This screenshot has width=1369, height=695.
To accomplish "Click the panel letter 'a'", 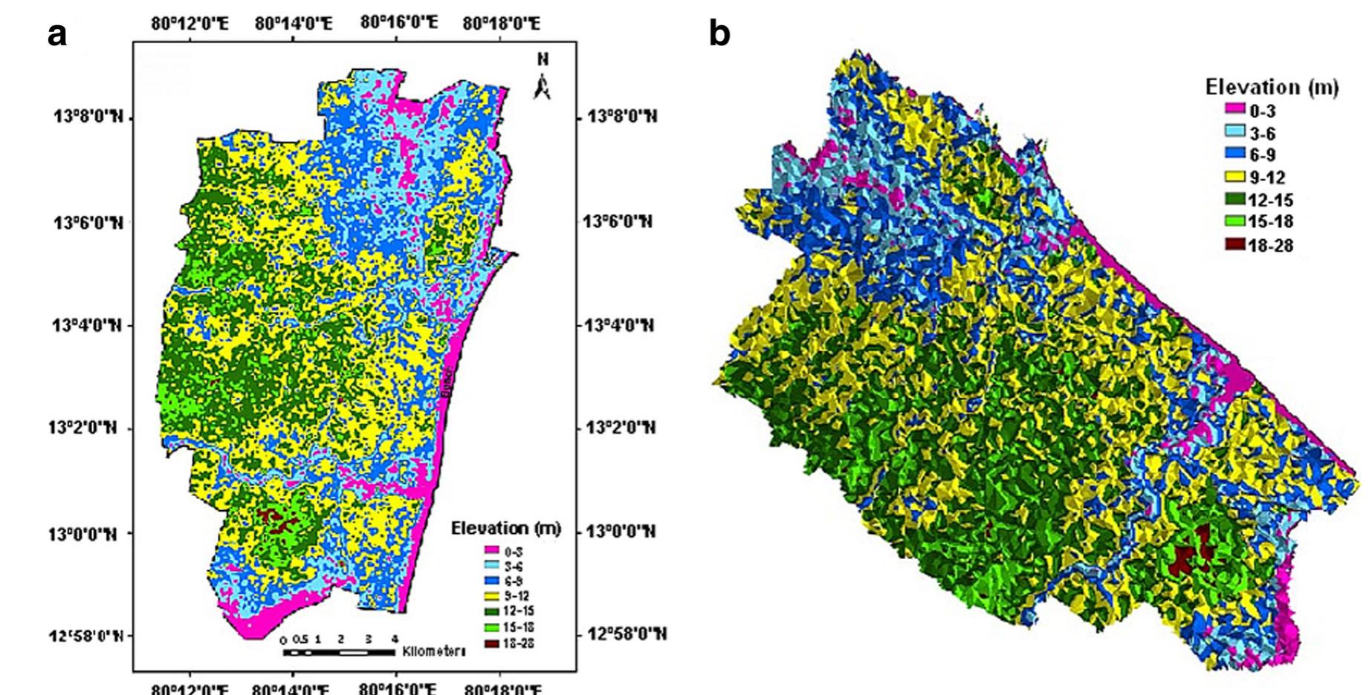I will (x=57, y=34).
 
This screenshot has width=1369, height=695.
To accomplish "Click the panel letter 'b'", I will (x=719, y=33).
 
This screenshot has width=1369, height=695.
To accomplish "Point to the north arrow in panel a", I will (x=543, y=82).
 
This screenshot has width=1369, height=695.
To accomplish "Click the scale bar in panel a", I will (x=338, y=653).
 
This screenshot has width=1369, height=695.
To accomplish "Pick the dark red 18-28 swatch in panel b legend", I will (x=1234, y=244).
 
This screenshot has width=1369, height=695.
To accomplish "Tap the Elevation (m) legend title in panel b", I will (x=1272, y=88).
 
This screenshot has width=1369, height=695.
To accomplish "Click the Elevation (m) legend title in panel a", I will (x=506, y=529).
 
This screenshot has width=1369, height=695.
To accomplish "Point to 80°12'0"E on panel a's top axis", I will (x=190, y=24).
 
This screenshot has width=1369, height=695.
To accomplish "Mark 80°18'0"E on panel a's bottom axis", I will (x=502, y=688).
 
